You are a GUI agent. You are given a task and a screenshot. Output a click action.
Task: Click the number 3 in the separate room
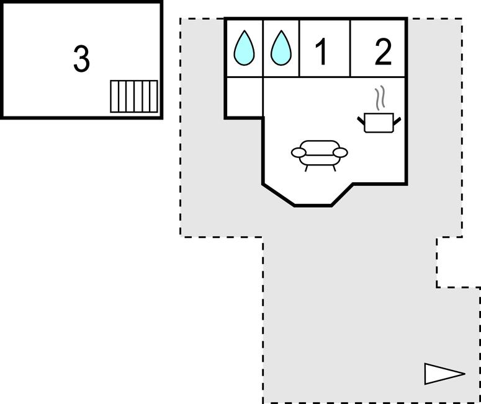click(x=81, y=59)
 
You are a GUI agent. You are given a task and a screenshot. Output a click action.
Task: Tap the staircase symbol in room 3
click(x=134, y=96)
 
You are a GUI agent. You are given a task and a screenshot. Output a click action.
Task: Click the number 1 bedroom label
click(x=321, y=52)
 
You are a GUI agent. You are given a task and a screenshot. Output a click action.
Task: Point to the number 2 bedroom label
click(x=384, y=52)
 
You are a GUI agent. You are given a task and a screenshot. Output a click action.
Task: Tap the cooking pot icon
click(x=379, y=122)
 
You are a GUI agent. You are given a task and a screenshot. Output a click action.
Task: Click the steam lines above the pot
click(x=381, y=98)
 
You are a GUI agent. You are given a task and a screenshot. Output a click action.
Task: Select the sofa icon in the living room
click(x=319, y=154)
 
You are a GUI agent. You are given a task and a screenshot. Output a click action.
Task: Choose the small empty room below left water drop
click(x=244, y=97)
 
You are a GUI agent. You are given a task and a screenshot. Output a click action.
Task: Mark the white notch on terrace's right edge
click(x=459, y=262)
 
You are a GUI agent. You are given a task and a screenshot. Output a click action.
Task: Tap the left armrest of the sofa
click(x=299, y=152)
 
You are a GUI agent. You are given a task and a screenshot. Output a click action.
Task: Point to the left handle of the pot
click(x=361, y=119)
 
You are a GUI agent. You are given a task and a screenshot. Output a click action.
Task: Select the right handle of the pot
click(x=397, y=119)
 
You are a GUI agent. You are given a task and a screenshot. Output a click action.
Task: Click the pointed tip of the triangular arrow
click(x=463, y=374)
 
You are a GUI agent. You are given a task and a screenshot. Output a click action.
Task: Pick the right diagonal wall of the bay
click(x=342, y=195)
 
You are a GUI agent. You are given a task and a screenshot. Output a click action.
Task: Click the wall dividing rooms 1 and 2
click(x=351, y=48)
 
